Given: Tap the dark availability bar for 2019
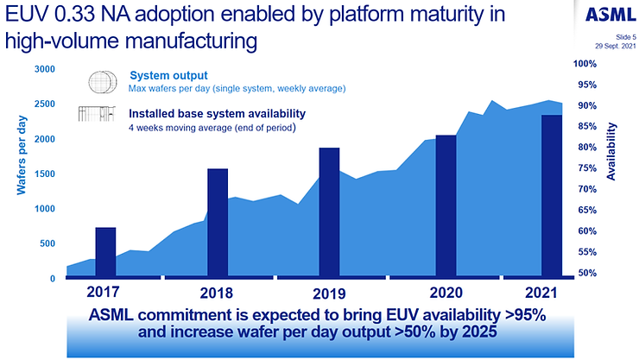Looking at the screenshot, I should [329, 212].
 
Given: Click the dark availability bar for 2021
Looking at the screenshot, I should [552, 196].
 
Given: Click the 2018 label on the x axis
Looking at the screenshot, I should [217, 291].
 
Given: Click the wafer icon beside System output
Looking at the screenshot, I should [103, 82].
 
